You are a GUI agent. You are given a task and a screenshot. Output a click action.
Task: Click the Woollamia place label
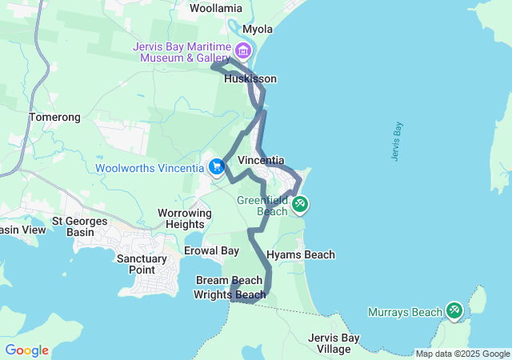coord(216,8)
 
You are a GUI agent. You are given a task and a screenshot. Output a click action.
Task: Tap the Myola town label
coord(258,29)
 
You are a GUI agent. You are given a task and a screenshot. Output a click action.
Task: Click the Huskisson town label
coord(250,79)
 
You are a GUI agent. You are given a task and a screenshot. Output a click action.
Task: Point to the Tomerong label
coord(55,118)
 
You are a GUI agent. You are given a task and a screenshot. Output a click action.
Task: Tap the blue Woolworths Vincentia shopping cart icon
coord(216,167)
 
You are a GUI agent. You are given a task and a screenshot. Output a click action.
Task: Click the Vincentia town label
coord(261,160)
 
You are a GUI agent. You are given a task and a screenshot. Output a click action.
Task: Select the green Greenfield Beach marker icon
coord(300,204)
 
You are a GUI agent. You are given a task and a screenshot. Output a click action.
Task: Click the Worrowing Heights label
coord(185,218)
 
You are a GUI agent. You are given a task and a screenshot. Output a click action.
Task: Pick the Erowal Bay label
coord(212,251)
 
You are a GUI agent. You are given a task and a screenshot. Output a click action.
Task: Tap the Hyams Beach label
coord(300,254)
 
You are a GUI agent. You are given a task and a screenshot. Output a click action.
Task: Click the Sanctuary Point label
coord(142,265)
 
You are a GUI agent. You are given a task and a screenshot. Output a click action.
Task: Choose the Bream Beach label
coord(229,280)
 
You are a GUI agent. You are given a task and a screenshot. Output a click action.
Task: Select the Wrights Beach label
coord(230,294)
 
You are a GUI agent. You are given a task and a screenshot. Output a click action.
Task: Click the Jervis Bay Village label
coord(334,343)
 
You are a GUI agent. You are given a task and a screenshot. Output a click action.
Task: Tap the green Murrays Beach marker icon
coord(454,310)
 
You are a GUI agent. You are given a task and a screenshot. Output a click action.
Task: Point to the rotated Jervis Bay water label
coord(398,142)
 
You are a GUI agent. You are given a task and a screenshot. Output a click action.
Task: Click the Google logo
coord(26,350)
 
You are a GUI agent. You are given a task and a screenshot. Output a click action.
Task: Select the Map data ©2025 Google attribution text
coord(462,354)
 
